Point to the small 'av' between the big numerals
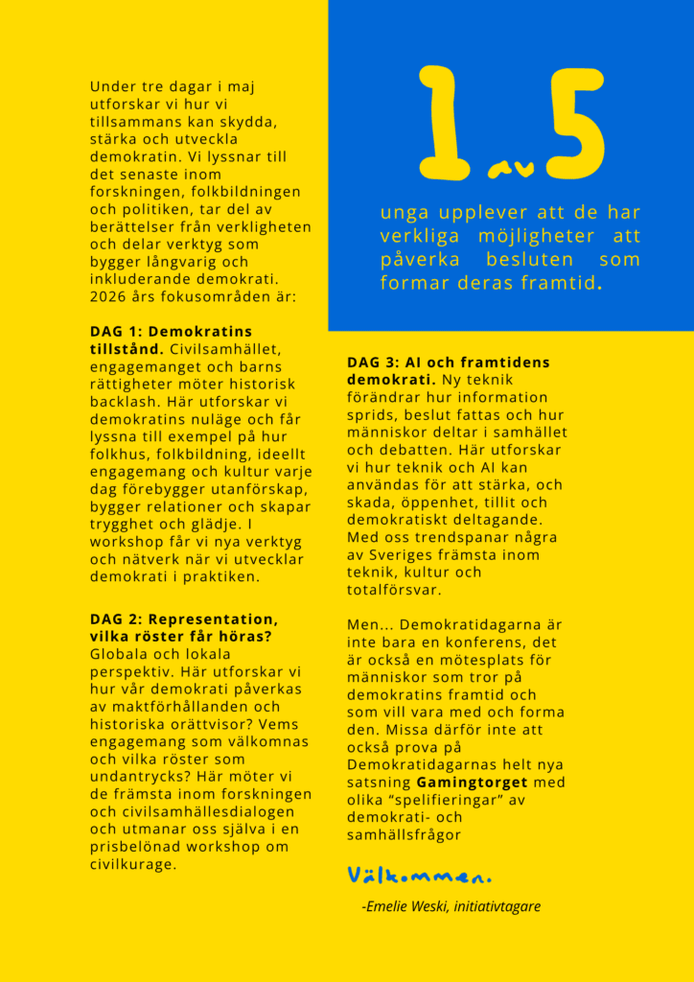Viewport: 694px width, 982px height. pos(501,169)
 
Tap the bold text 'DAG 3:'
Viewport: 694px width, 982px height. pos(372,362)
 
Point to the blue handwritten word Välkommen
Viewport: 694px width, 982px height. pos(419,876)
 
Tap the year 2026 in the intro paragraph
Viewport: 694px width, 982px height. pos(108,296)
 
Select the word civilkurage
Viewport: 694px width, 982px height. pos(134,864)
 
